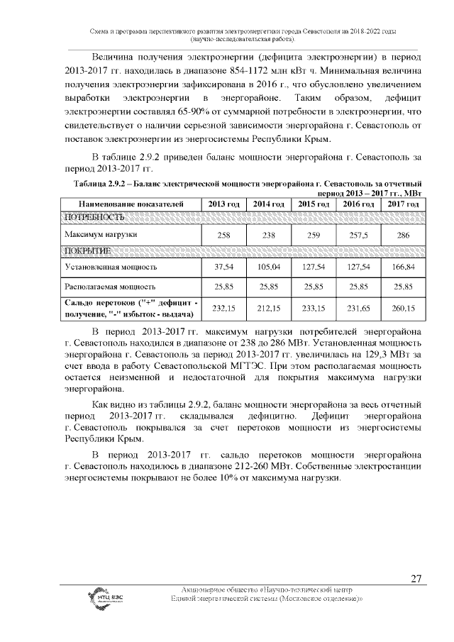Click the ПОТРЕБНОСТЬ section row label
click(x=94, y=216)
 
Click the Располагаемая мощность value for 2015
click(x=313, y=287)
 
